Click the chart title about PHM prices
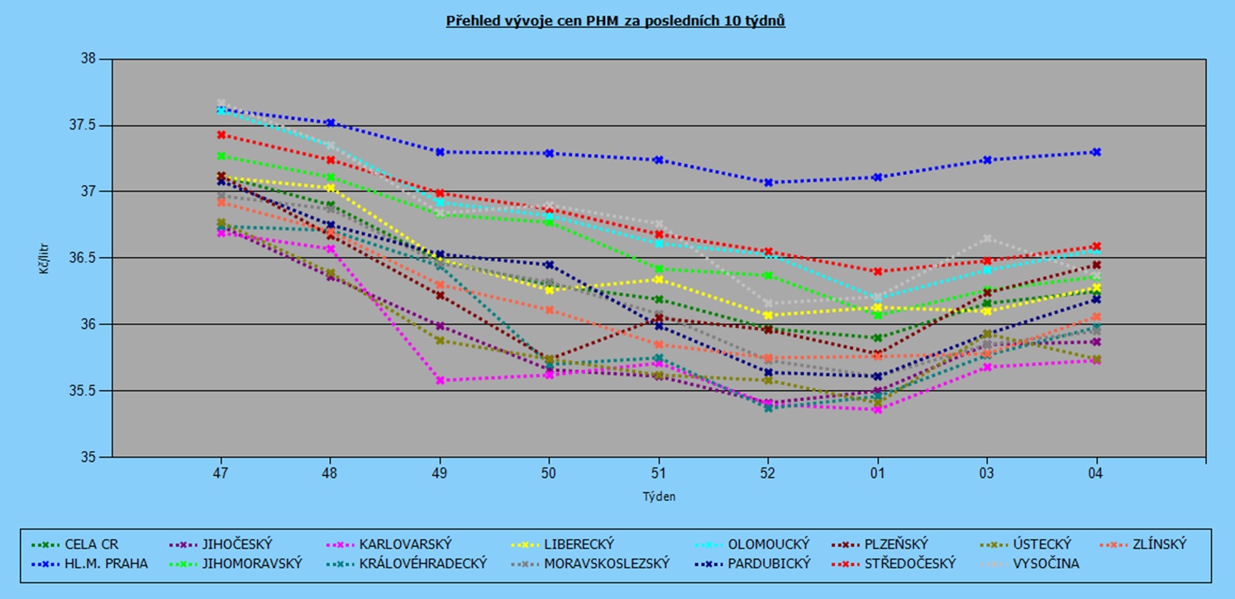coord(616,21)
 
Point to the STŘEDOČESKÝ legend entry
coord(909,563)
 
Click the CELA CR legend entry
coord(92,544)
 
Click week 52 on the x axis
coord(768,473)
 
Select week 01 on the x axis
coord(877,473)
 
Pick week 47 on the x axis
coord(221,473)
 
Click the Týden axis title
coord(659,497)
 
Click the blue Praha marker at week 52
coord(768,183)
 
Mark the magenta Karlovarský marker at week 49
coord(440,380)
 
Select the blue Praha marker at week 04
coord(1096,152)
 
